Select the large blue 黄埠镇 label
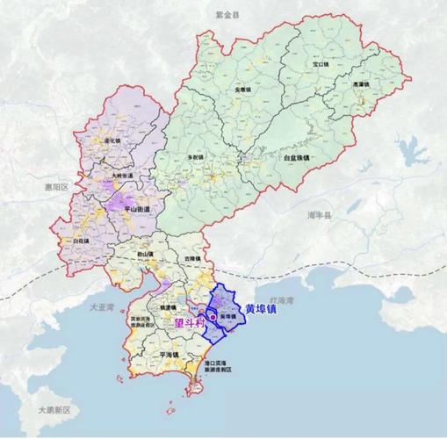(x=264, y=309)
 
